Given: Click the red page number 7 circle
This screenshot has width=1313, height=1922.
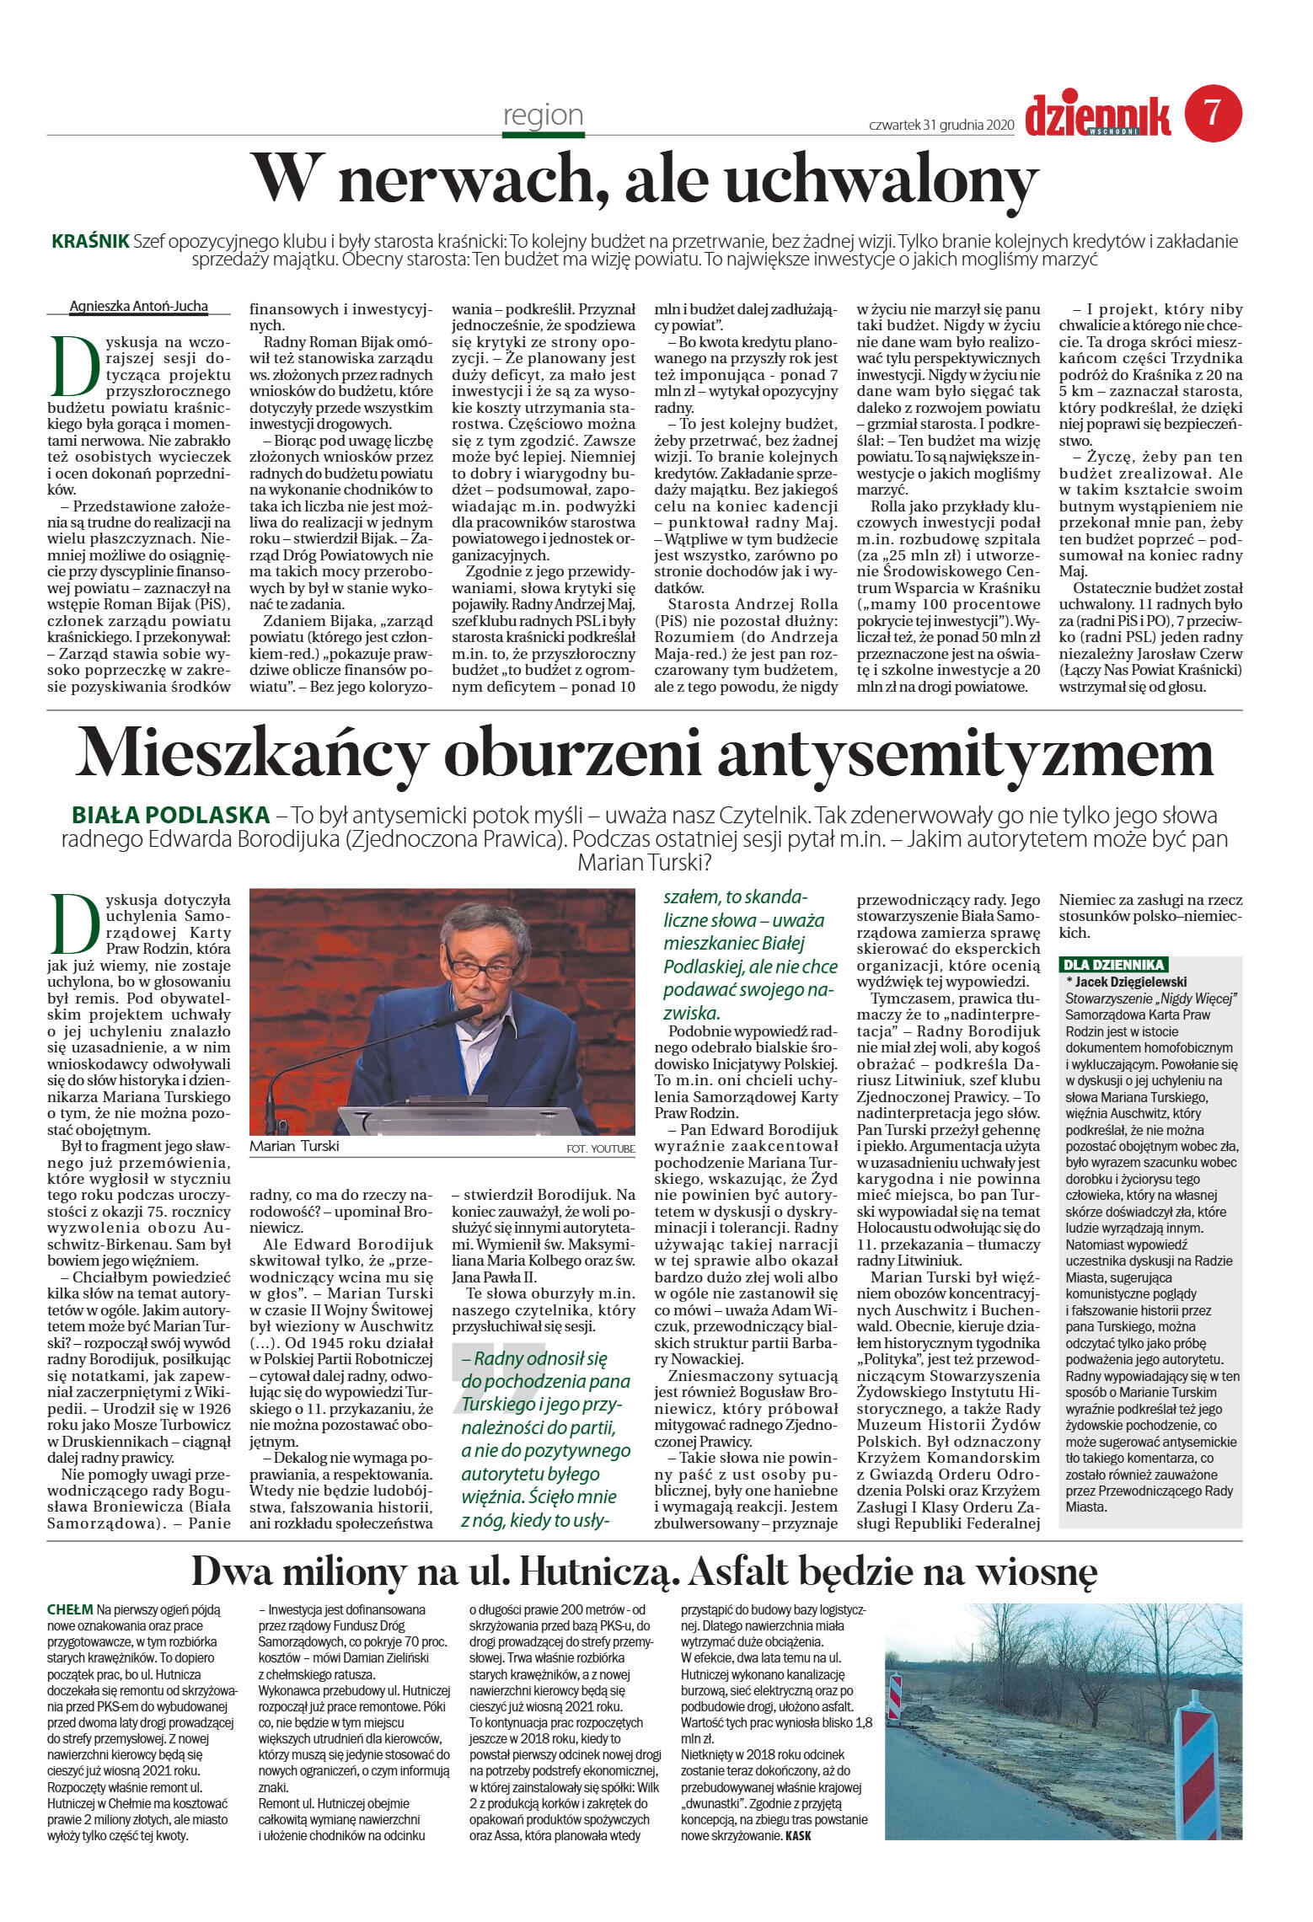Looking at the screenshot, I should click(x=1213, y=113).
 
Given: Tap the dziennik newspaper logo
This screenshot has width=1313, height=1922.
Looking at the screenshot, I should click(x=1097, y=116).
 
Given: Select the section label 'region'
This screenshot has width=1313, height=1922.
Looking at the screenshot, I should click(x=543, y=115).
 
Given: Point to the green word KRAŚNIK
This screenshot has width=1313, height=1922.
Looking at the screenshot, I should click(x=90, y=242).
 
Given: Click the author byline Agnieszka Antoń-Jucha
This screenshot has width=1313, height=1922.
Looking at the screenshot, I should click(x=138, y=306).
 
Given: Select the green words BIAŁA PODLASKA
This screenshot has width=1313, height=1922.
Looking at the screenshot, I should click(x=171, y=815).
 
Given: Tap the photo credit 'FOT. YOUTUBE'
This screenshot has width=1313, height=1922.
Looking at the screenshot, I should click(x=601, y=1148).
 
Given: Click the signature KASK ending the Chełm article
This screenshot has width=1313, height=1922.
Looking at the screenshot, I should click(x=797, y=1835).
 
